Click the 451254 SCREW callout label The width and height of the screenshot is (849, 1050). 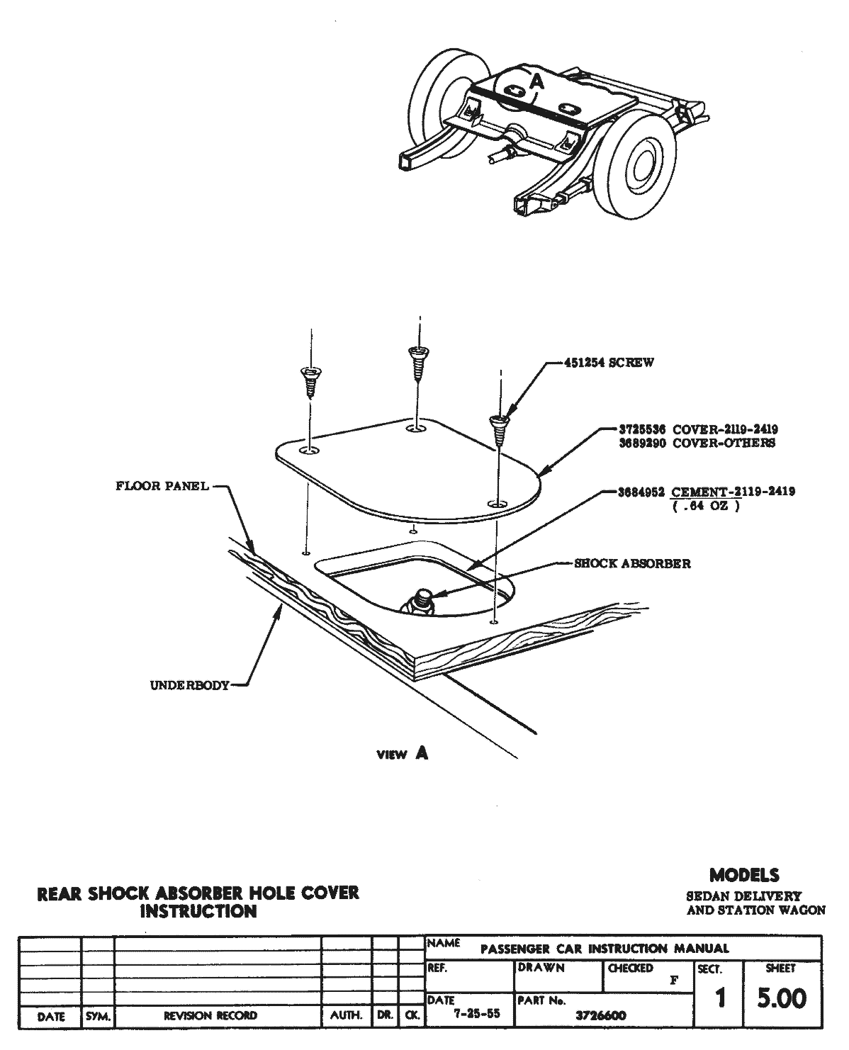(x=609, y=363)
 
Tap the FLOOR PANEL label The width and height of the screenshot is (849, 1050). (x=162, y=486)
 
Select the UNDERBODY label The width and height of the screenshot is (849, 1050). (x=190, y=685)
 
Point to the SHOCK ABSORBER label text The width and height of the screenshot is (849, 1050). (x=632, y=564)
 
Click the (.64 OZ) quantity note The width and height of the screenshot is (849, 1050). (x=706, y=506)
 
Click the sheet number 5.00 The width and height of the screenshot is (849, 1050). (x=782, y=999)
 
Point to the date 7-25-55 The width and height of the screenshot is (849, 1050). (x=476, y=1013)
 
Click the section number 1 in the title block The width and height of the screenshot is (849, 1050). (x=719, y=999)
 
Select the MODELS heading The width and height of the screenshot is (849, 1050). (x=744, y=875)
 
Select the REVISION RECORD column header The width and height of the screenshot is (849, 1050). (x=210, y=1016)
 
